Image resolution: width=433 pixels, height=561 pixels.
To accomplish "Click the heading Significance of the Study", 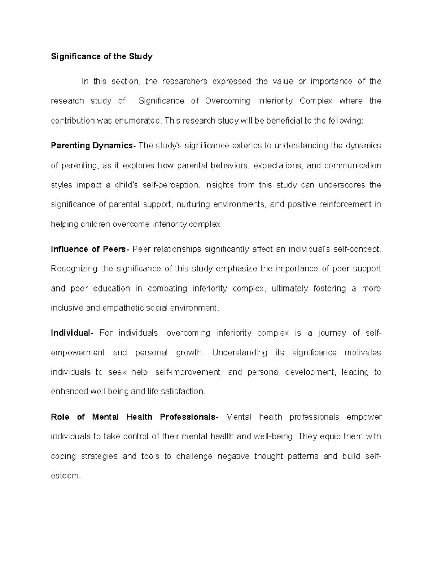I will [x=101, y=56].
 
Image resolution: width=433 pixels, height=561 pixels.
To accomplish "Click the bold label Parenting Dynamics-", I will [x=93, y=146].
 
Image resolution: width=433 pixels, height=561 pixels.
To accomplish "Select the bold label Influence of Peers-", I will [x=90, y=249].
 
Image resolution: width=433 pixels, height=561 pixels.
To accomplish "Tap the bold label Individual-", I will [x=72, y=333].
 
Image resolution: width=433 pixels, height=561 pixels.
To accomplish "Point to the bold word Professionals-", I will [x=189, y=417].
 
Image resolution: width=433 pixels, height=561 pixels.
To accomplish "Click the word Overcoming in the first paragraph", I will [x=228, y=101].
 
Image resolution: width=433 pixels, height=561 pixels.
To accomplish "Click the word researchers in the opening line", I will [x=185, y=81].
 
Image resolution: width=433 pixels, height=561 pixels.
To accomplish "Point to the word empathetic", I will [x=123, y=308].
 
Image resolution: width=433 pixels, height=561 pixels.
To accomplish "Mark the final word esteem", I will [x=65, y=476].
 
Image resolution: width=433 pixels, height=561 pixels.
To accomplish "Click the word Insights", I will [x=219, y=185].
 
